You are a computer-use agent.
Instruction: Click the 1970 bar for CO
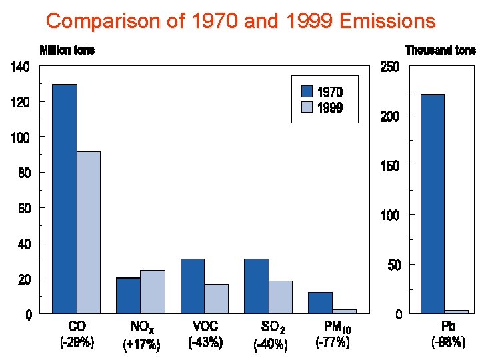coord(65,199)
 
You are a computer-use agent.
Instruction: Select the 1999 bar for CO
coord(89,232)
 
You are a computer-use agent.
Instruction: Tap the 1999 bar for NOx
coord(153,291)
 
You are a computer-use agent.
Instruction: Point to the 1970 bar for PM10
coord(320,302)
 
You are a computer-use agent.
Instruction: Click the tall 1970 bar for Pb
coord(432,203)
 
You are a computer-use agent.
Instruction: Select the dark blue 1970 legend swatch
coord(307,91)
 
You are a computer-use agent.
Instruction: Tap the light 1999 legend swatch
coord(307,107)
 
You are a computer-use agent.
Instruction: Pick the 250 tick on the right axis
coord(389,67)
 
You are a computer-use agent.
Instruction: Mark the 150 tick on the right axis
coord(389,166)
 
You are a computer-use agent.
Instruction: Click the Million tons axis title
coord(67,51)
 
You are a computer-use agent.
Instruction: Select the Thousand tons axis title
coord(441,51)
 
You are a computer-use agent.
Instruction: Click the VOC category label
coord(205,327)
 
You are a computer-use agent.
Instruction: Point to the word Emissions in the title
coord(387,21)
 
